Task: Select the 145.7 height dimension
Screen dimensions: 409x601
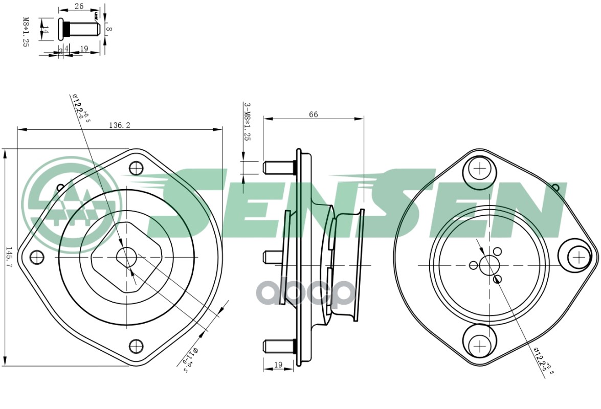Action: coord(9,257)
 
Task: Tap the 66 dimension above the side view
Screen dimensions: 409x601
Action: coord(313,115)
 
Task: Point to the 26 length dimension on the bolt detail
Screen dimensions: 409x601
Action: coord(79,6)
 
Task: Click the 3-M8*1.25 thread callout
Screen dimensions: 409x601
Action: coord(247,122)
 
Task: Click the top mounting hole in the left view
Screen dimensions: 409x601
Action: coord(136,168)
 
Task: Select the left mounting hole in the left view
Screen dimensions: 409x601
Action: coord(36,257)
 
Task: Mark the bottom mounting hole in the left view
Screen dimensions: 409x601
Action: coord(136,346)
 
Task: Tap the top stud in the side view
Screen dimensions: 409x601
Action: coord(279,167)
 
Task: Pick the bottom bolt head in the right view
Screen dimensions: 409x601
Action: coord(480,346)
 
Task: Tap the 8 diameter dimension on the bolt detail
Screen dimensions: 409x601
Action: coord(109,29)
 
